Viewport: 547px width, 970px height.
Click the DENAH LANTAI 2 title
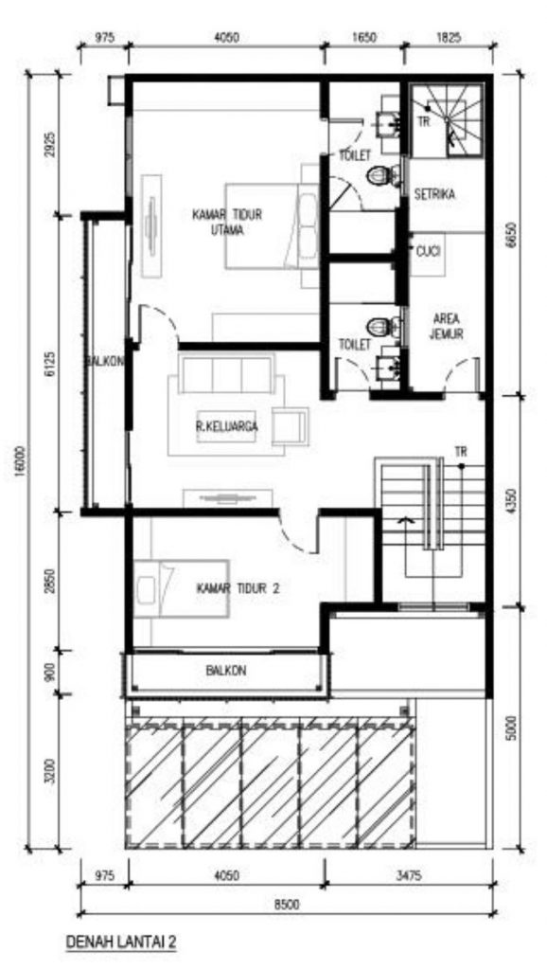point(121,942)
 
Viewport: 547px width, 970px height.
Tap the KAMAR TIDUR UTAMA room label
point(227,223)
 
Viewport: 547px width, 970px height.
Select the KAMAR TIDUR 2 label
point(238,589)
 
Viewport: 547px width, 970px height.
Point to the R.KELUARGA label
point(227,426)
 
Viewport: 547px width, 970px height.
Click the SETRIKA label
point(434,194)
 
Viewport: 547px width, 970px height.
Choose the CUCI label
point(429,252)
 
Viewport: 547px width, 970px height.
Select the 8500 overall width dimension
point(287,905)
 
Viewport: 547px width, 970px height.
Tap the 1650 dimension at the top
point(364,38)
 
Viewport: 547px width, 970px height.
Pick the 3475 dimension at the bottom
point(410,876)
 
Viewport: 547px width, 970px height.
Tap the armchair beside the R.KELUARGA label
point(291,426)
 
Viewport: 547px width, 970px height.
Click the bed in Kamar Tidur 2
point(182,589)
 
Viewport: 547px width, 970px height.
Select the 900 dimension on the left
point(51,673)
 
